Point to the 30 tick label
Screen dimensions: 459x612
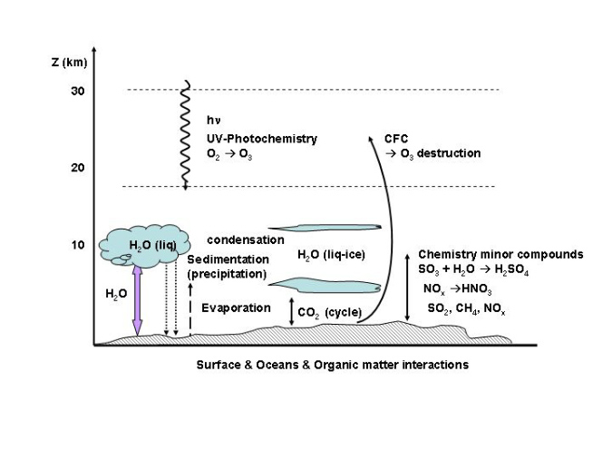point(78,91)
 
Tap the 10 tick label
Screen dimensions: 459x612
point(78,245)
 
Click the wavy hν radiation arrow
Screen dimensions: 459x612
point(186,136)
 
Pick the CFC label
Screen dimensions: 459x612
point(396,139)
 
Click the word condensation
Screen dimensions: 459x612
point(245,239)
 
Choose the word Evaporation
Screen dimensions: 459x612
point(236,308)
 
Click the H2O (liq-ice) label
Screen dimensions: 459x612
point(331,255)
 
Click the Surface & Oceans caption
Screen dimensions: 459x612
point(332,365)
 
